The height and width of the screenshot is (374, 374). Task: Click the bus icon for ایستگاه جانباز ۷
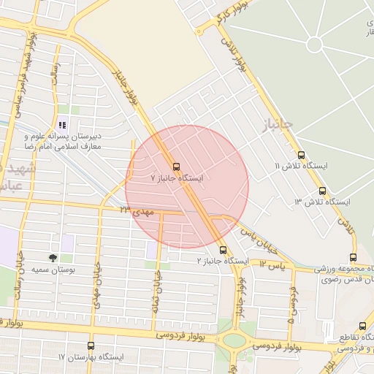coord(175,165)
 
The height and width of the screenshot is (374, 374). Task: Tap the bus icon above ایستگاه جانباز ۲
coord(223,249)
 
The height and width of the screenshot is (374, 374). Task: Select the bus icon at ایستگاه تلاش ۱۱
coord(302,154)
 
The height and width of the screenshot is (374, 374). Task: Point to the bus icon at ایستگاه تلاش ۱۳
coord(322,191)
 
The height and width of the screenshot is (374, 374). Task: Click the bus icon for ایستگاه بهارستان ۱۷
coord(91,346)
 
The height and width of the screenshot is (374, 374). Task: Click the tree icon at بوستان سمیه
coord(53,258)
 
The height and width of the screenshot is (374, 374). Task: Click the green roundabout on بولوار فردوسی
coord(236,340)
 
